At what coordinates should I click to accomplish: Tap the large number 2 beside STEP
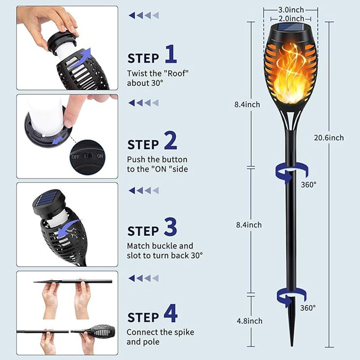[171, 140]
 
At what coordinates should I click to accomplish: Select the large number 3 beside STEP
[171, 227]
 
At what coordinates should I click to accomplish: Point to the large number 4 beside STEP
[171, 314]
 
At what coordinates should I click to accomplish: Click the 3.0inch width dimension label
[291, 9]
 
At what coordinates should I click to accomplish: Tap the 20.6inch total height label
[329, 138]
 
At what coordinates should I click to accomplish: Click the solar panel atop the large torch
[291, 28]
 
